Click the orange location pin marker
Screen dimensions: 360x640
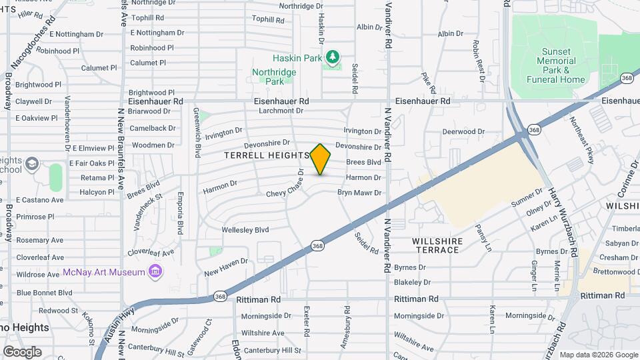click(x=321, y=159)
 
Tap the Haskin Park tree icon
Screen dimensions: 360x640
click(x=332, y=58)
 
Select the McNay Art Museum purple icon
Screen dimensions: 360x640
click(x=155, y=271)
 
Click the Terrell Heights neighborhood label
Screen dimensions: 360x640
click(x=267, y=155)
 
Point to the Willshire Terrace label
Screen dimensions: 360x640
click(x=436, y=245)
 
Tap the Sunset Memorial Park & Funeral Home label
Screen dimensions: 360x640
click(x=556, y=65)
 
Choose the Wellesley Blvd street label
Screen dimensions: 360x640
click(x=245, y=230)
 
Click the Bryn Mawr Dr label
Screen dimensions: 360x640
click(x=359, y=193)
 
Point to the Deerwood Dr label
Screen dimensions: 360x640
click(x=463, y=131)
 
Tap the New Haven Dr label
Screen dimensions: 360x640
click(x=226, y=267)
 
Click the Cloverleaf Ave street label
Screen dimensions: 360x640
click(x=151, y=253)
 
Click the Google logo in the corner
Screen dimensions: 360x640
click(x=22, y=351)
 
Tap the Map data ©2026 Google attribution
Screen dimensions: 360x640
click(x=599, y=355)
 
